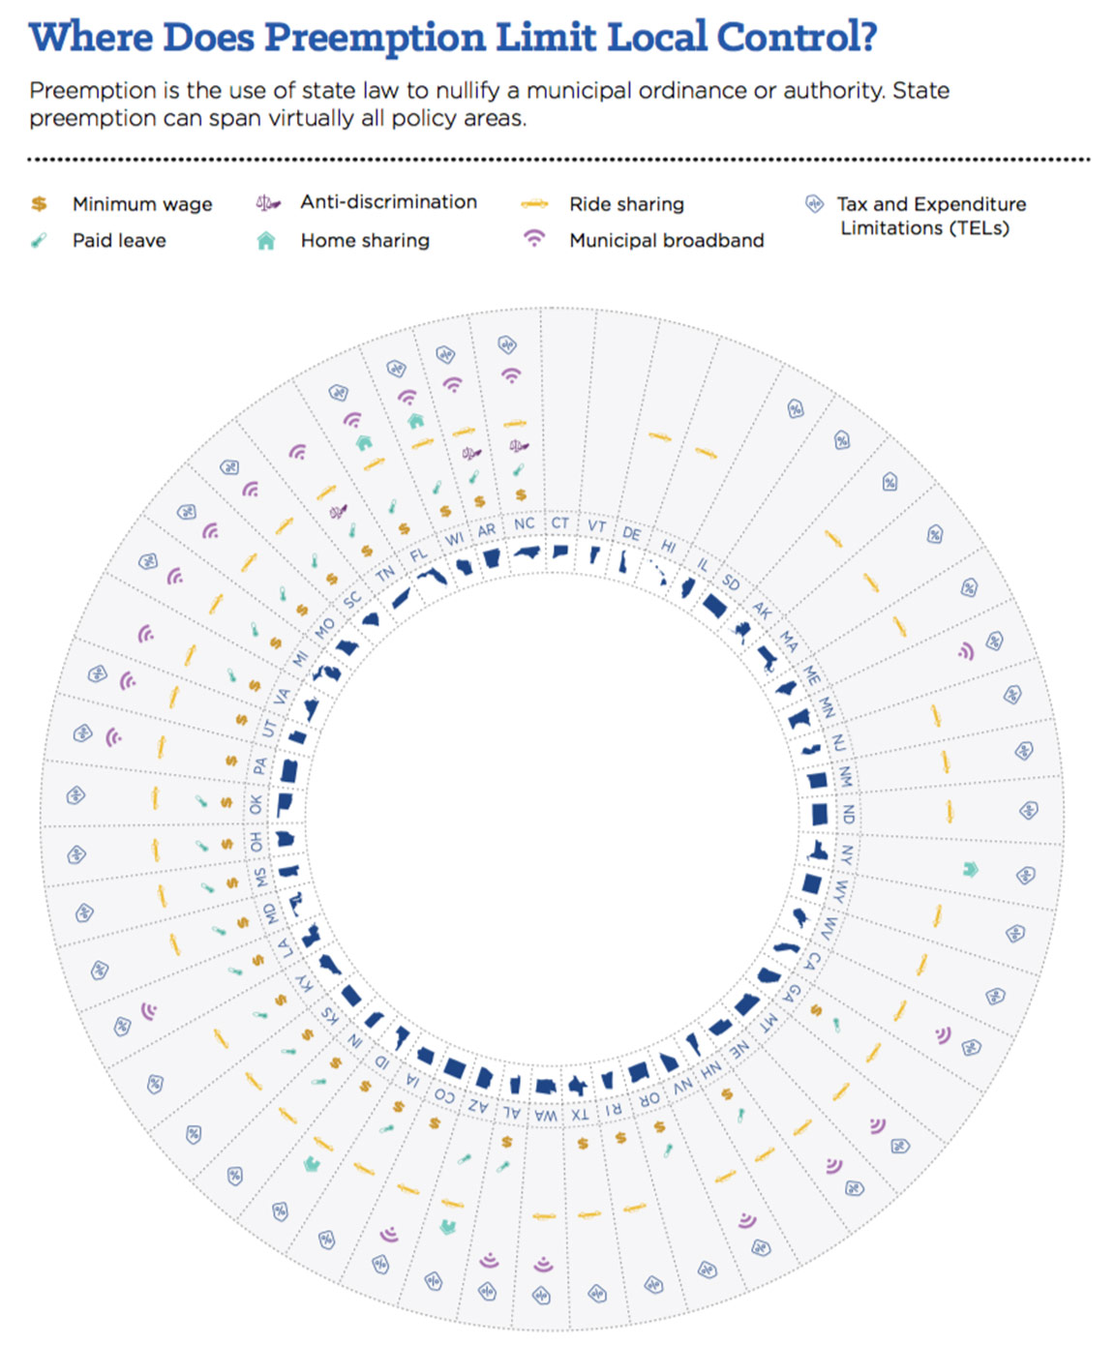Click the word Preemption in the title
click(x=375, y=37)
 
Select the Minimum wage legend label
click(x=142, y=204)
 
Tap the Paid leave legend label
click(x=119, y=240)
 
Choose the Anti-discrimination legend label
click(x=388, y=201)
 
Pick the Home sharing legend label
click(x=365, y=240)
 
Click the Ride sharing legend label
click(x=626, y=204)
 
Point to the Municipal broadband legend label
click(x=666, y=240)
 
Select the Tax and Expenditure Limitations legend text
click(x=930, y=216)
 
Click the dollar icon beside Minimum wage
click(x=39, y=204)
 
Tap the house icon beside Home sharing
click(x=266, y=241)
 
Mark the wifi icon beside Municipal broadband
click(x=534, y=238)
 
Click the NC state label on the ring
click(x=524, y=523)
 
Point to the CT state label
click(x=560, y=523)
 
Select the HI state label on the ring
click(x=668, y=546)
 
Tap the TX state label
click(x=580, y=1115)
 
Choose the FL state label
click(x=418, y=555)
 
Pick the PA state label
click(x=259, y=766)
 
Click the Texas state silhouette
click(x=578, y=1085)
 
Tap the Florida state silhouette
click(x=431, y=577)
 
